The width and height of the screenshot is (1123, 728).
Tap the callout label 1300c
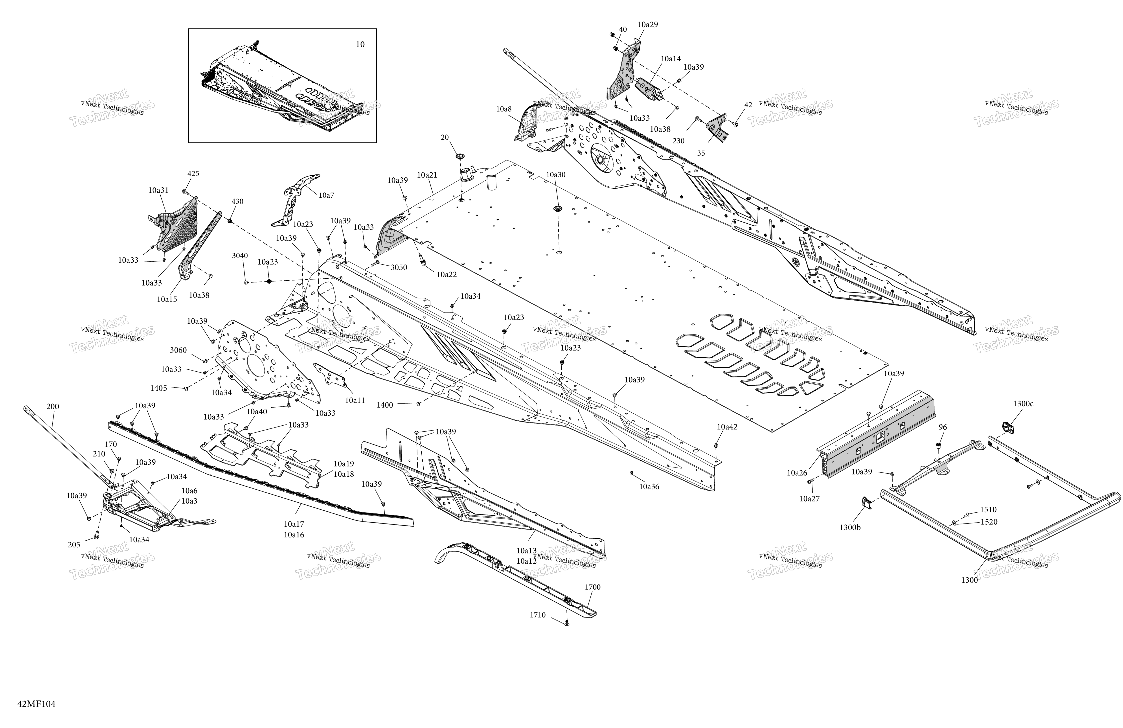pyautogui.click(x=1023, y=404)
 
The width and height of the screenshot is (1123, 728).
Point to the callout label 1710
pyautogui.click(x=537, y=615)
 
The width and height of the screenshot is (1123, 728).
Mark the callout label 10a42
pyautogui.click(x=727, y=427)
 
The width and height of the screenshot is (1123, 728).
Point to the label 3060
pyautogui.click(x=178, y=350)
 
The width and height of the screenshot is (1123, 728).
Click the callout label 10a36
pyautogui.click(x=649, y=487)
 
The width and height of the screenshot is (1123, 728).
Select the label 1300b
pyautogui.click(x=850, y=528)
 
